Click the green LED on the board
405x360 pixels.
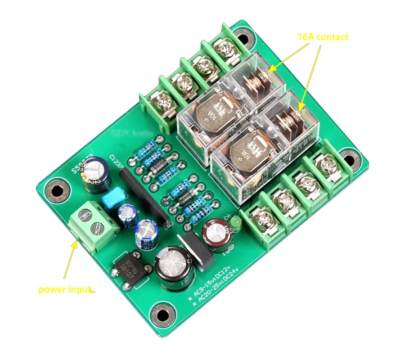(235, 223)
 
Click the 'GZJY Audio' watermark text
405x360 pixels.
(131, 134)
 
